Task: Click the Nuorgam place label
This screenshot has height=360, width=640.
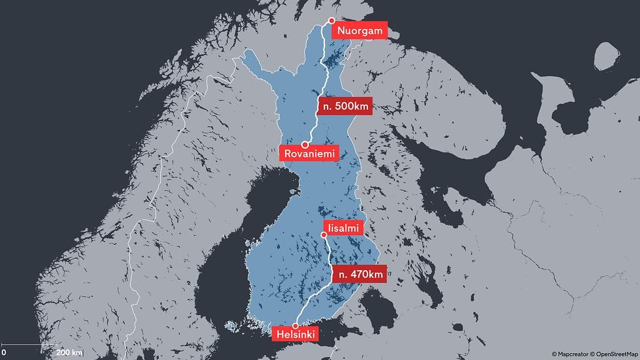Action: (359, 31)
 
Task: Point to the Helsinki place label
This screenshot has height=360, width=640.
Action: (296, 335)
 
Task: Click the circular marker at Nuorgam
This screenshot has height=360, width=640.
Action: (332, 21)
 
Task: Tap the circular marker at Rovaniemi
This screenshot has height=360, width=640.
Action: (304, 144)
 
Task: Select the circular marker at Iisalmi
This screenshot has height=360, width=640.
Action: (324, 236)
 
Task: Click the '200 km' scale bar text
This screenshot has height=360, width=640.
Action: (69, 352)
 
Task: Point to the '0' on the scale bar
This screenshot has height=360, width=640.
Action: (4, 352)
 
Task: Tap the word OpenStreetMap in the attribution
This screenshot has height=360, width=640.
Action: (616, 354)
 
